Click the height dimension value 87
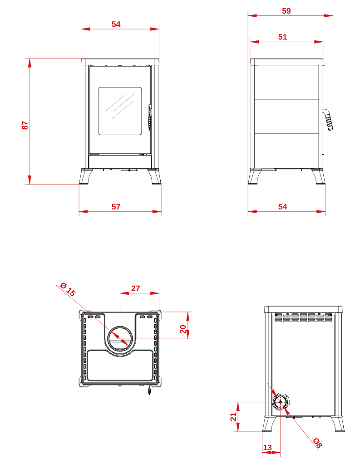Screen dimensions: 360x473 tap(25, 125)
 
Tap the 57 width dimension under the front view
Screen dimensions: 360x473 tap(116, 207)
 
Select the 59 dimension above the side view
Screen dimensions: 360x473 tap(286, 11)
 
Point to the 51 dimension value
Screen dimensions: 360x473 tap(282, 37)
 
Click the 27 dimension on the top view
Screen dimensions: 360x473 tap(136, 288)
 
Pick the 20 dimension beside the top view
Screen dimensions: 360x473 tap(183, 329)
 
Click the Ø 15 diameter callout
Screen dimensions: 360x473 tap(68, 289)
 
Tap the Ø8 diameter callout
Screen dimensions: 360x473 tap(317, 442)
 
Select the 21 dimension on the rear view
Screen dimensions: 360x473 tap(233, 417)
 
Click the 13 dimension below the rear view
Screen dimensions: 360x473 tap(267, 447)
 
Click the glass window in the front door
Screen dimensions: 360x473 tap(120, 111)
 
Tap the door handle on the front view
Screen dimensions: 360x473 tap(149, 117)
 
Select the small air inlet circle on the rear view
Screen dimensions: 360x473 tap(280, 402)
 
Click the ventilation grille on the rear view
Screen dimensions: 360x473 tap(303, 317)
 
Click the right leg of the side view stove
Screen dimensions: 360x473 tap(319, 176)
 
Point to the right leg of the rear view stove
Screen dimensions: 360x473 tap(338, 424)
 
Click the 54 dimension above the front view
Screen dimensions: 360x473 tap(116, 24)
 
